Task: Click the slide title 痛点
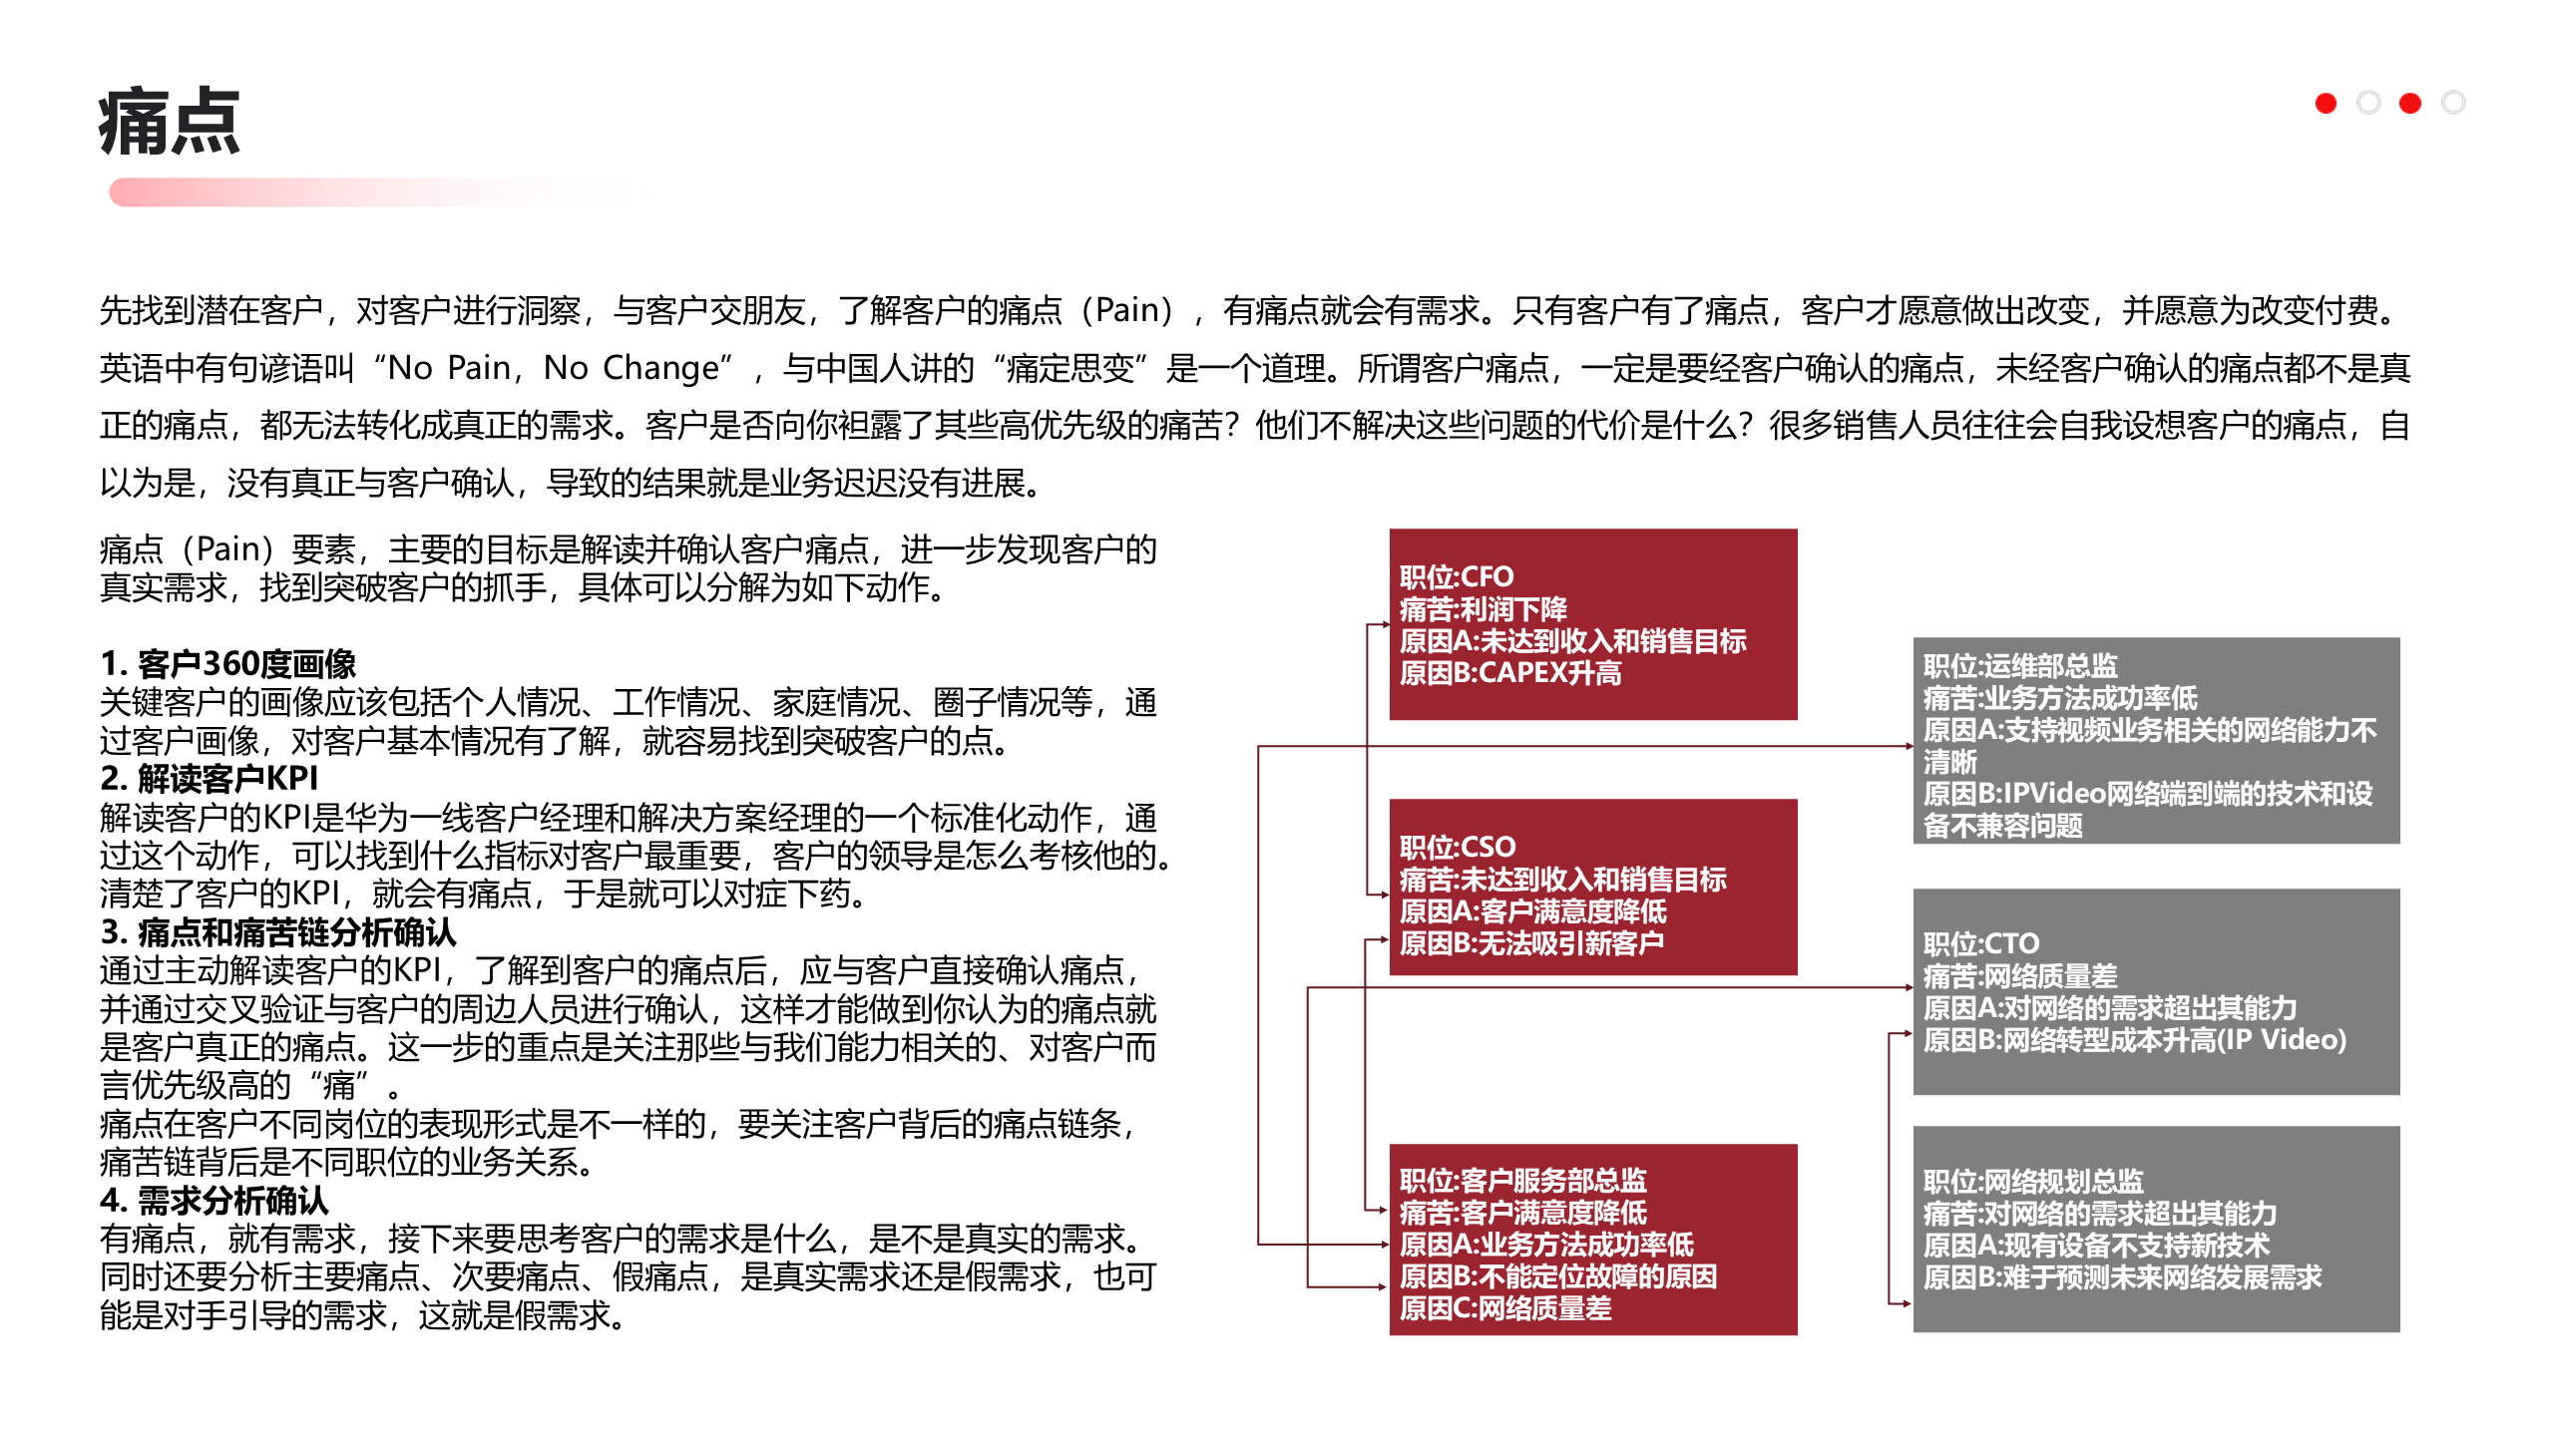click(x=170, y=122)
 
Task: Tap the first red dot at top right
click(x=2326, y=103)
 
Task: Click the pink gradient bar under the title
click(x=359, y=192)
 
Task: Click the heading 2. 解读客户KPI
click(x=209, y=778)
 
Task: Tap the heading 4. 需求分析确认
click(x=213, y=1200)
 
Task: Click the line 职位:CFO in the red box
click(x=1456, y=576)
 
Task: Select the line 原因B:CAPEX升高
click(x=1509, y=673)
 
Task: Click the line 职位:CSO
click(x=1457, y=847)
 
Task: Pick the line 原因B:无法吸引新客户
click(x=1530, y=942)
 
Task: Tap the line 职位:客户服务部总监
click(x=1522, y=1181)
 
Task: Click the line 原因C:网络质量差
click(x=1504, y=1308)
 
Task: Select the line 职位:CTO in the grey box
click(x=1980, y=943)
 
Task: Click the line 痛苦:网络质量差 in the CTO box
click(x=2019, y=975)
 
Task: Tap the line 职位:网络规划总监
click(x=2032, y=1182)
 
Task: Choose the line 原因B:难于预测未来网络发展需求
click(x=2122, y=1277)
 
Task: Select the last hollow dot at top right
click(x=2453, y=103)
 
